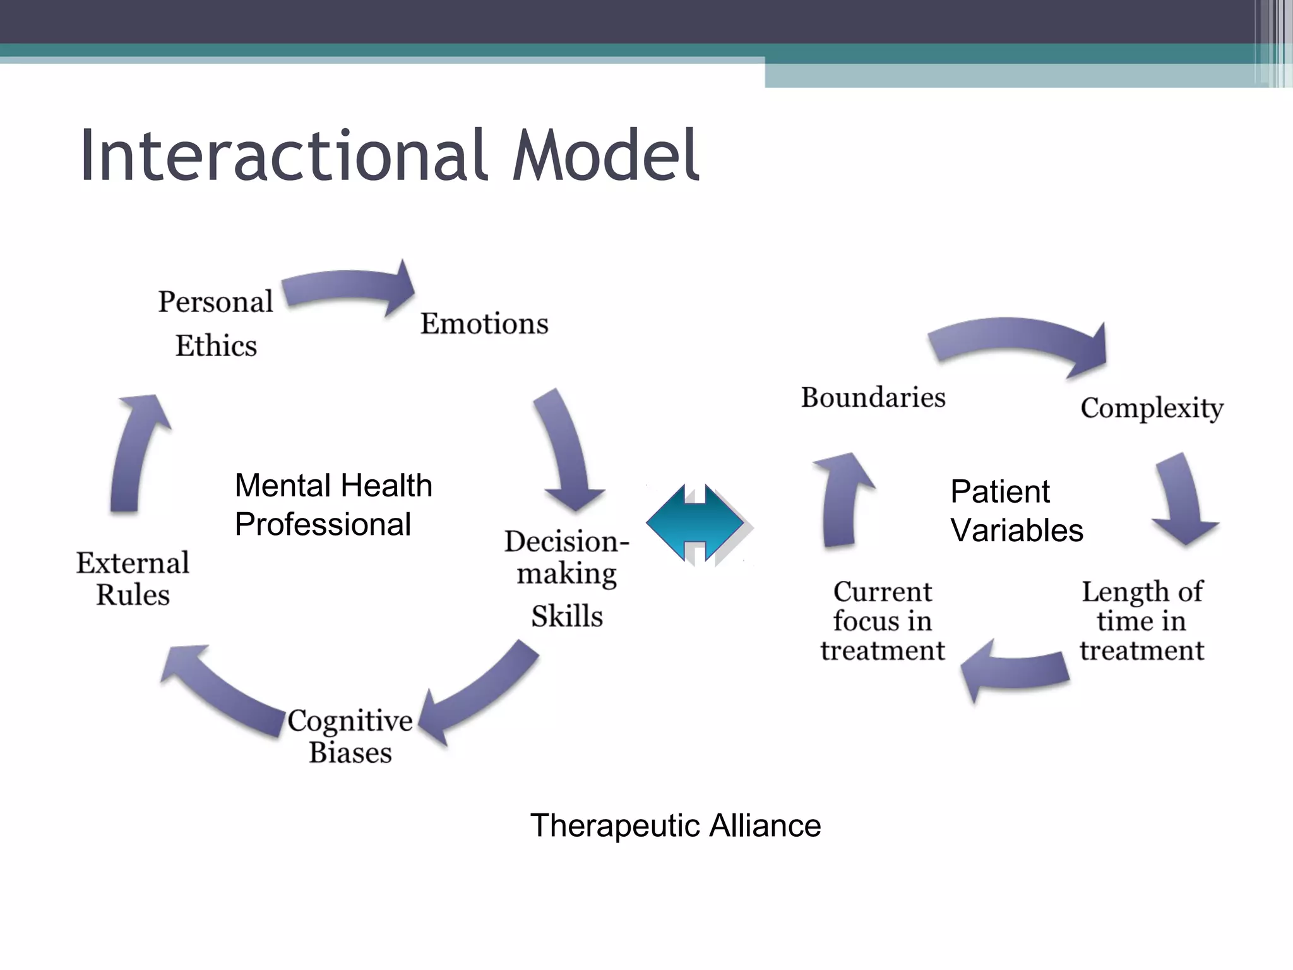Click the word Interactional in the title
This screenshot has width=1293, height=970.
tap(284, 155)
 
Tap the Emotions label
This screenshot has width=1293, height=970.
tap(484, 323)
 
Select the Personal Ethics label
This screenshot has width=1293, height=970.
tap(215, 323)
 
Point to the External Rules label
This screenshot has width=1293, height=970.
tap(133, 578)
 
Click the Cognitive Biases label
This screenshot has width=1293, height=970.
tap(350, 736)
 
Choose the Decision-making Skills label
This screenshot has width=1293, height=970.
tap(566, 578)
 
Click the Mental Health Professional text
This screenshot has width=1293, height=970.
tap(333, 505)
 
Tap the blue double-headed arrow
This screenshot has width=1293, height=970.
tap(694, 523)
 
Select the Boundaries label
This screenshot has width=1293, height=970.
tap(873, 397)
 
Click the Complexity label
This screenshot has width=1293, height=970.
tap(1152, 408)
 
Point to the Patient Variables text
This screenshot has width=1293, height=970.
tap(1016, 510)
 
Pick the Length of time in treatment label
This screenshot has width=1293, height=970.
tap(1141, 621)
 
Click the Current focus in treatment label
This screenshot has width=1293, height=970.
tap(882, 621)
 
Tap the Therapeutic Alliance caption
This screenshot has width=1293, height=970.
tap(675, 825)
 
